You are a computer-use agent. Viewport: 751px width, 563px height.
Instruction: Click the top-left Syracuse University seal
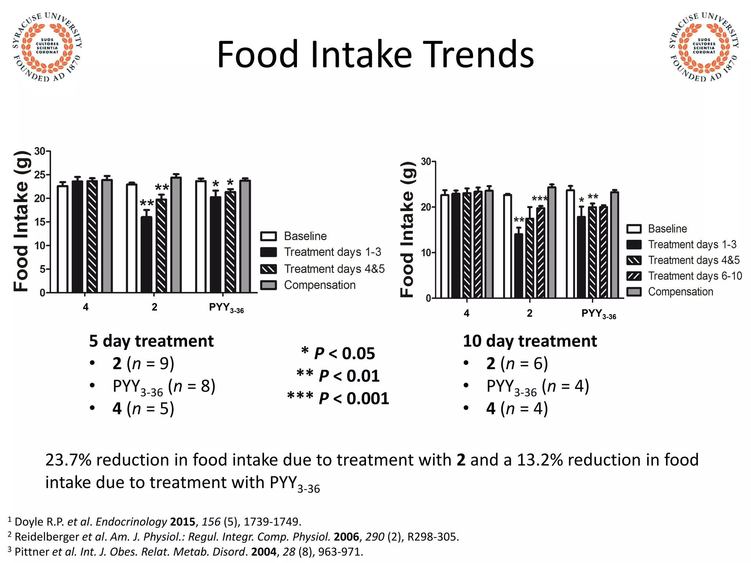pyautogui.click(x=47, y=47)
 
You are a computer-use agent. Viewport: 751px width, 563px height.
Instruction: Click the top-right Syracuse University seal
pyautogui.click(x=704, y=47)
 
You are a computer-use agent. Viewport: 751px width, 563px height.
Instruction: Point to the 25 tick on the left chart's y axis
pyautogui.click(x=40, y=175)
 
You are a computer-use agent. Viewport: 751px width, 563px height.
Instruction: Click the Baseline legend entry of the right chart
pyautogui.click(x=667, y=229)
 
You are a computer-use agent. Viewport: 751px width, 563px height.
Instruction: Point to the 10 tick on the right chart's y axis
pyautogui.click(x=426, y=253)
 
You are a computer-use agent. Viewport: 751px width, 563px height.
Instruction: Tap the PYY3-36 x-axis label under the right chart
pyautogui.click(x=598, y=314)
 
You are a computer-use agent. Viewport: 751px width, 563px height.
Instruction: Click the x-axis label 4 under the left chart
pyautogui.click(x=85, y=307)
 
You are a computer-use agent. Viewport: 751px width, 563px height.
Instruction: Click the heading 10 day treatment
pyautogui.click(x=530, y=341)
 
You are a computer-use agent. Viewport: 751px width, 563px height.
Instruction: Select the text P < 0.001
pyautogui.click(x=353, y=399)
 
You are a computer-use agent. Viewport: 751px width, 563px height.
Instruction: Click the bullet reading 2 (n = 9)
pyautogui.click(x=143, y=364)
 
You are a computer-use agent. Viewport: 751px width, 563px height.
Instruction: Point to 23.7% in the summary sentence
pyautogui.click(x=68, y=460)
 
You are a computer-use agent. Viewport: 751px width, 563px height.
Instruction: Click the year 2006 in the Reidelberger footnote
pyautogui.click(x=346, y=537)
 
